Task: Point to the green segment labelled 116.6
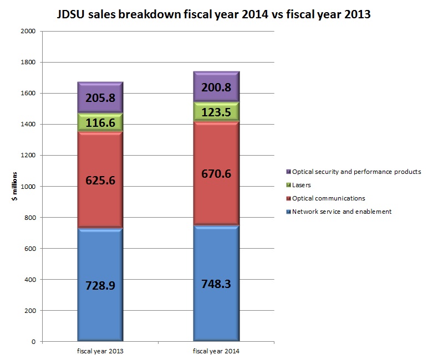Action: pyautogui.click(x=100, y=123)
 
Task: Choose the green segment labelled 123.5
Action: pyautogui.click(x=216, y=112)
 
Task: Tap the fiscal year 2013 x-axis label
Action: pyautogui.click(x=100, y=352)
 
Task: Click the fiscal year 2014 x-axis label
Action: pyautogui.click(x=216, y=352)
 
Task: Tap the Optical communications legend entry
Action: pyautogui.click(x=329, y=198)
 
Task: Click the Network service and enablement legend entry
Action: pyautogui.click(x=342, y=212)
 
